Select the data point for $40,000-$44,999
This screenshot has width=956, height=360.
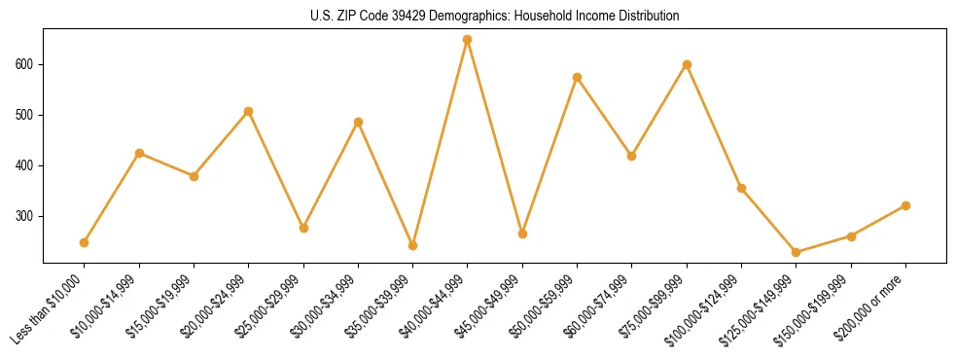click(x=468, y=40)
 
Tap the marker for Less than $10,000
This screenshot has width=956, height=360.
click(x=85, y=242)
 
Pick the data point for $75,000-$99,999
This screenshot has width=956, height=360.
click(x=687, y=64)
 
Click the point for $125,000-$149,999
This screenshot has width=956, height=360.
click(x=797, y=252)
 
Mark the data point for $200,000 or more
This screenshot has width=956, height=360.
click(x=905, y=205)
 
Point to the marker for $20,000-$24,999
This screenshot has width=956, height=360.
click(x=249, y=111)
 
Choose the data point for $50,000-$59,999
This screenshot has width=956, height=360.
click(x=578, y=77)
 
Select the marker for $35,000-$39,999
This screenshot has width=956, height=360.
click(x=413, y=245)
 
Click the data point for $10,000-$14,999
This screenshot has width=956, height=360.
click(x=139, y=153)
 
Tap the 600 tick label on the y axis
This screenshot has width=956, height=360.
click(x=26, y=64)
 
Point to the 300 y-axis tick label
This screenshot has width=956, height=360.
click(x=26, y=216)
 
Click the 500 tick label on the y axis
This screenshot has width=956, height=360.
click(x=26, y=115)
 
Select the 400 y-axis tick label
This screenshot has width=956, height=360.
click(x=26, y=165)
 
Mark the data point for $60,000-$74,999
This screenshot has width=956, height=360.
click(x=632, y=156)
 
